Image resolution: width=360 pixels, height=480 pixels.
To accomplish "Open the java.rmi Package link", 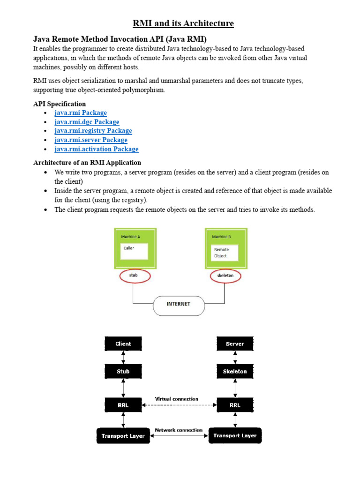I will tap(81, 113).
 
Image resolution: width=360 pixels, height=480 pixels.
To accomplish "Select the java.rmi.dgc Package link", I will tap(87, 122).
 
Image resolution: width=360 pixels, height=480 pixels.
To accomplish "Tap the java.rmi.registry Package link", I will tap(93, 131).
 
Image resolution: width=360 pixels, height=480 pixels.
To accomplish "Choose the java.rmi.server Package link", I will tap(91, 140).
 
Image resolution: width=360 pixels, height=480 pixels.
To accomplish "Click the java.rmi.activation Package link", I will tap(97, 149).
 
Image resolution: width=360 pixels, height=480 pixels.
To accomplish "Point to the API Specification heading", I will tap(60, 104).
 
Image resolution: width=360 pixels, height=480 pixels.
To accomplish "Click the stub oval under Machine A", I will tap(134, 276).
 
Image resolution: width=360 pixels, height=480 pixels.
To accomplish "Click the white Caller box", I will tap(134, 251).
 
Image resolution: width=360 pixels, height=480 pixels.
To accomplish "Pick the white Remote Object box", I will tap(224, 253).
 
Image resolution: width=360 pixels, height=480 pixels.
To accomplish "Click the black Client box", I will tap(123, 344).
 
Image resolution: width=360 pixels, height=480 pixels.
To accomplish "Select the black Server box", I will tap(235, 344).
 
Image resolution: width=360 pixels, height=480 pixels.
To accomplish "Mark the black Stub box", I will tap(123, 371).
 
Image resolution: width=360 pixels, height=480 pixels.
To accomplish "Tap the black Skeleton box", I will tap(235, 371).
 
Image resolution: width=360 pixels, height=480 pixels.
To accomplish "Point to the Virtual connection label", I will tap(177, 399).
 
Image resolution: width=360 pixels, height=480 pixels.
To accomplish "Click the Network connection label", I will tap(179, 430).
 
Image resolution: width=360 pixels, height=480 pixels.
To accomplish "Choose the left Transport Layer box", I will tap(123, 435).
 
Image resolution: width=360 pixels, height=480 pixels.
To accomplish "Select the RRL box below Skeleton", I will tap(235, 405).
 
